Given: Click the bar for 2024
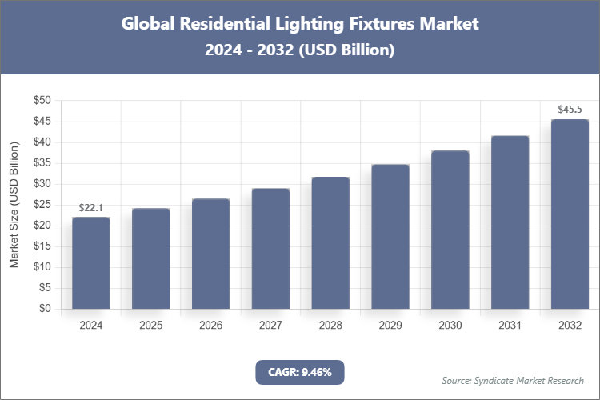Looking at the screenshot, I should click(91, 263).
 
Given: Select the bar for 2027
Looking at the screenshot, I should click(270, 249).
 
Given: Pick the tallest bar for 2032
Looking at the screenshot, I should click(570, 214).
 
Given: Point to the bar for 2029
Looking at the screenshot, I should click(390, 237).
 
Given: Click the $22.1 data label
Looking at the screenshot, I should click(91, 208).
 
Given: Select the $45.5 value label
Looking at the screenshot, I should click(570, 110).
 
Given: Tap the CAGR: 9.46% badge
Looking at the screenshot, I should click(299, 371).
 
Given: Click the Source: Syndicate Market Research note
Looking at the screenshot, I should click(513, 380).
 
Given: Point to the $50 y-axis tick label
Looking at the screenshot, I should click(42, 101).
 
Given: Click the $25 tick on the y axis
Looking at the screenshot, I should click(42, 205).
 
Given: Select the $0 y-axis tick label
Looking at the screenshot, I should click(45, 309).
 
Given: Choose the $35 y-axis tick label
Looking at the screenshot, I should click(42, 163).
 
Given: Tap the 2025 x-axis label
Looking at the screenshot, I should click(151, 326).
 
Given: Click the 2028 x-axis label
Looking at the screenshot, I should click(330, 326).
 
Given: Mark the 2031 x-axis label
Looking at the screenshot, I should click(510, 326).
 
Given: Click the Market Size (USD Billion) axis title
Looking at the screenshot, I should click(14, 205).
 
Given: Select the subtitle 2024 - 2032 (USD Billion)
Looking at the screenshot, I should click(299, 50).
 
